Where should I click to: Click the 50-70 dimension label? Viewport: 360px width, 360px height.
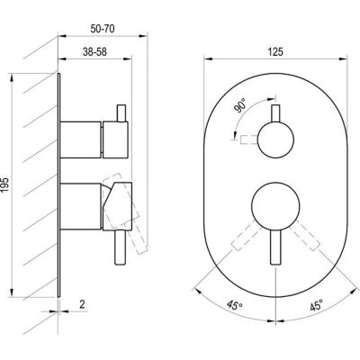[103, 29]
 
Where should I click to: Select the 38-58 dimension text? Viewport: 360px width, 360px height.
[94, 52]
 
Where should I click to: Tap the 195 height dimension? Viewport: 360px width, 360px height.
[5, 185]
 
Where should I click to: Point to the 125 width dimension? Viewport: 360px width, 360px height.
[275, 52]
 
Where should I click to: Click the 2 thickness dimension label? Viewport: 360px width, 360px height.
[82, 304]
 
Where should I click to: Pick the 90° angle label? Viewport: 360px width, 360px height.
[241, 105]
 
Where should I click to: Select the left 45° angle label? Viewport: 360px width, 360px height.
[235, 305]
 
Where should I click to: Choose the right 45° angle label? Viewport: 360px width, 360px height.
[317, 305]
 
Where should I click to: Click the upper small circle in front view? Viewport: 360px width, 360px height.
[275, 139]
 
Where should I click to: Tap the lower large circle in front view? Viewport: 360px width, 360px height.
[275, 206]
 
